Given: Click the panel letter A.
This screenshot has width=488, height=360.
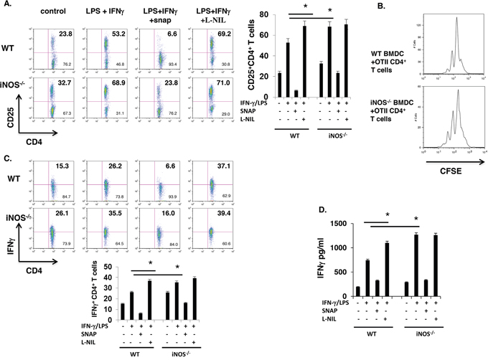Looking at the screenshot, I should point(5,6).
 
